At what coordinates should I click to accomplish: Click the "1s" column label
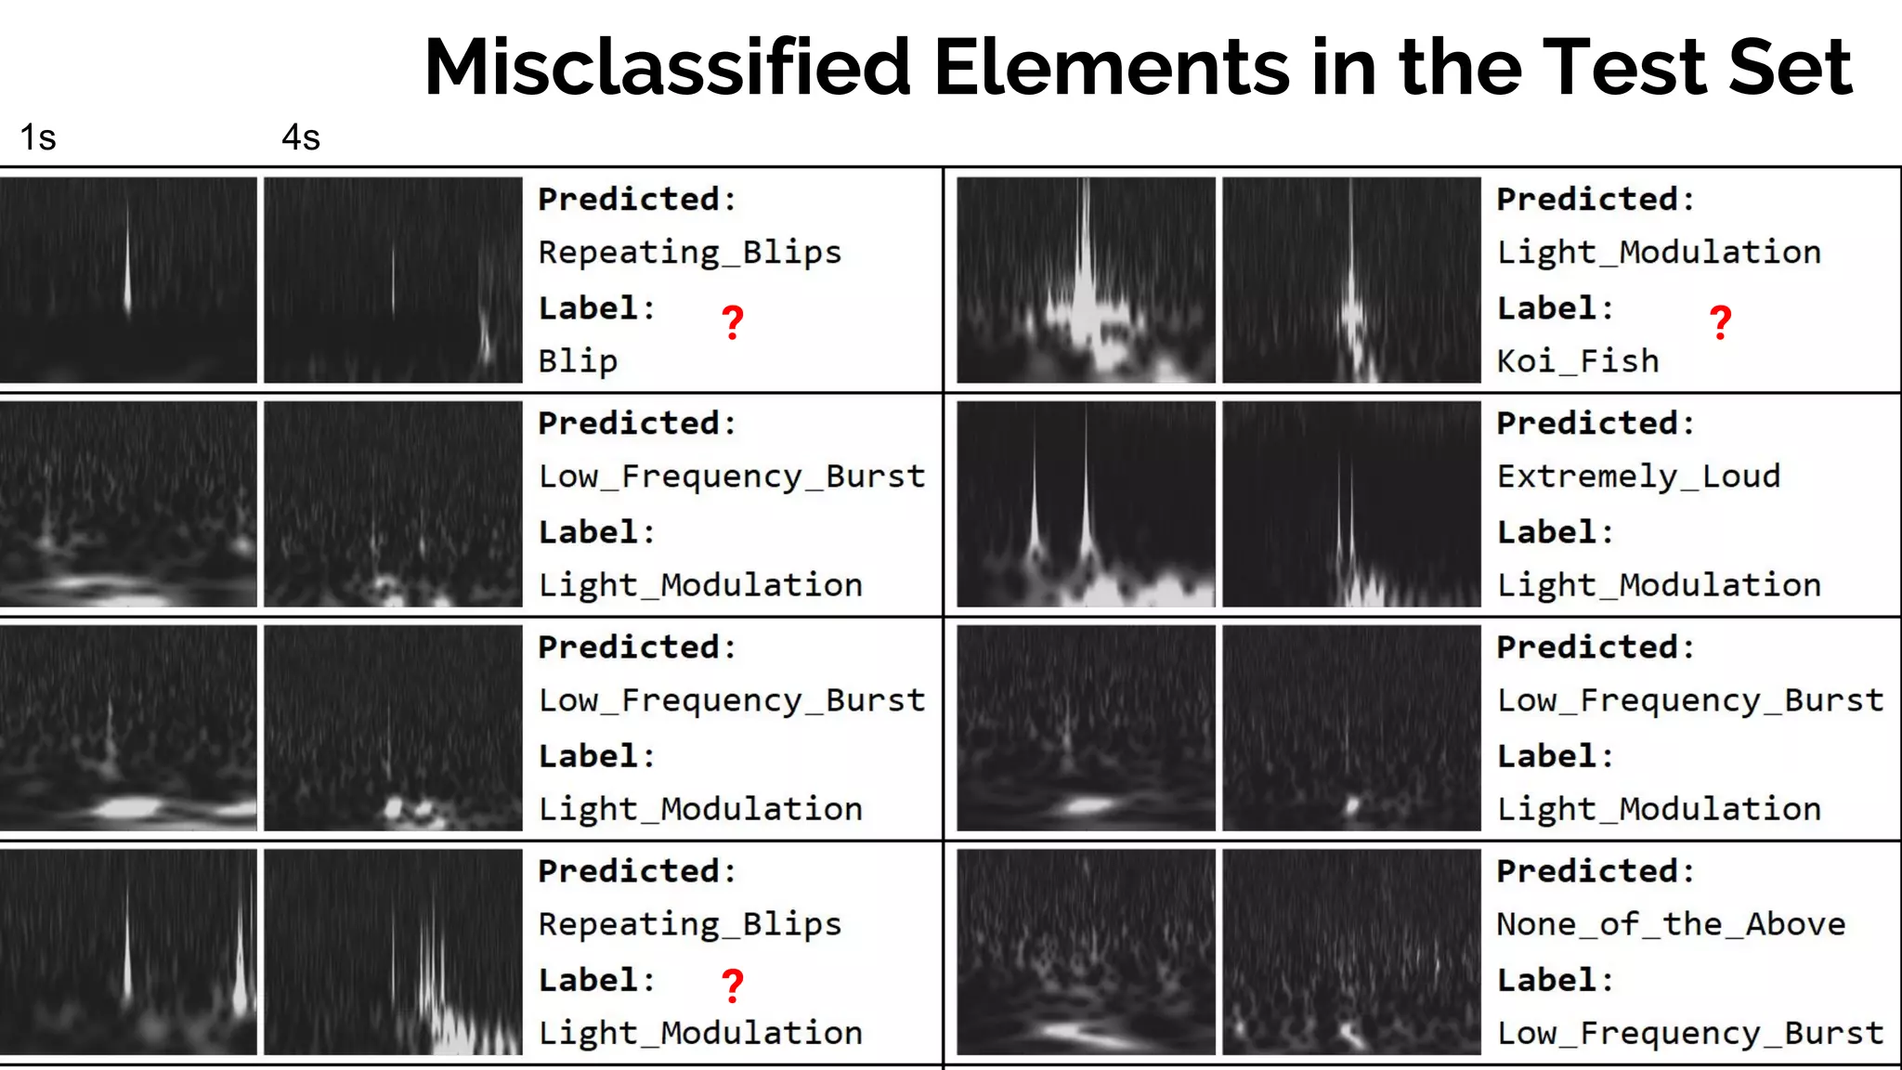coord(38,137)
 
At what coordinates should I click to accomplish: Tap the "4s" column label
coord(301,137)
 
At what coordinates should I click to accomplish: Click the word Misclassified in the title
coord(667,67)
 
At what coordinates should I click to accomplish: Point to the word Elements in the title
coord(1113,67)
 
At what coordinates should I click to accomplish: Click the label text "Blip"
coord(578,360)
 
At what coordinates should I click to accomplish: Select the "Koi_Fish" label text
coord(1578,360)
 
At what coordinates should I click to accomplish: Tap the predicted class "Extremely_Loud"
coord(1638,476)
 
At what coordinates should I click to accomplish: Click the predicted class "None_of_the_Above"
coord(1671,924)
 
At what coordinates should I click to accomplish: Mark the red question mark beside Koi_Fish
coord(1720,322)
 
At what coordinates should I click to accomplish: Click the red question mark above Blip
coord(733,322)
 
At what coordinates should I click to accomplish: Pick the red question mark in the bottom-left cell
coord(733,985)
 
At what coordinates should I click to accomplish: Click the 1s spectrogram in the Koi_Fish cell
coord(1086,280)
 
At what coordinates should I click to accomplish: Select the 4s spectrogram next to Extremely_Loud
coord(1351,504)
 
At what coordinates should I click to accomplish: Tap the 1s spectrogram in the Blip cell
coord(128,280)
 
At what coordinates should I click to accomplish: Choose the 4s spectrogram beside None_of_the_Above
coord(1351,952)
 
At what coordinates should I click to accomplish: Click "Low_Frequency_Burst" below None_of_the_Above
coord(1690,1033)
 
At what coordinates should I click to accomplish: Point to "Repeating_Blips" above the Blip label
coord(690,253)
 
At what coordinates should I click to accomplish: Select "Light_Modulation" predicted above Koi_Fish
coord(1659,253)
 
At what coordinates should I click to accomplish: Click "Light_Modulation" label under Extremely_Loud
coord(1659,585)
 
